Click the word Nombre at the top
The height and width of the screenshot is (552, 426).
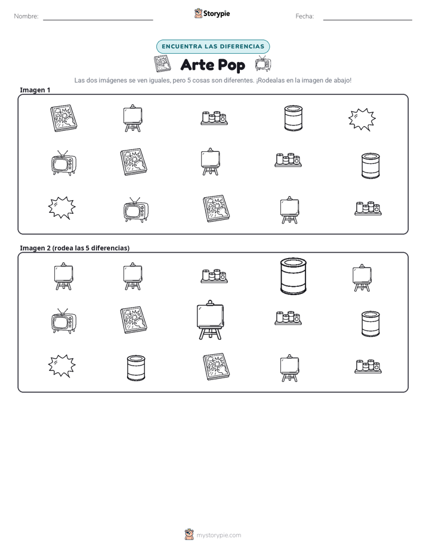point(26,16)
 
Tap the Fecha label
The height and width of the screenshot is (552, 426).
point(304,16)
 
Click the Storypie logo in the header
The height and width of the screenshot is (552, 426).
point(212,13)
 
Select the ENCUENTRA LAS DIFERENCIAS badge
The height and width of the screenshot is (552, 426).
point(213,47)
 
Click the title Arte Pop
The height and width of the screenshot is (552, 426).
point(212,65)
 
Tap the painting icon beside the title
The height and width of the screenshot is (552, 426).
point(162,64)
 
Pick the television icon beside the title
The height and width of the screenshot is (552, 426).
point(263,63)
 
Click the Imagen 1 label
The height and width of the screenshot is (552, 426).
point(35,90)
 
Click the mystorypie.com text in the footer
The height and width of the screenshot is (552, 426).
point(218,535)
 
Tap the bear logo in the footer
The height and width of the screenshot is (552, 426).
point(189,535)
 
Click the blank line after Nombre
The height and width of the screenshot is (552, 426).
point(98,20)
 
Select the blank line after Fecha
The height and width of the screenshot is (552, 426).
point(368,20)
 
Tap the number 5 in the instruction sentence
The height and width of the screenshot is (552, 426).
point(189,80)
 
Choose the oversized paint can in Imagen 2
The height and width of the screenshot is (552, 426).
point(294,276)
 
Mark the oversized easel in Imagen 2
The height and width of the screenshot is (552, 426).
point(210,320)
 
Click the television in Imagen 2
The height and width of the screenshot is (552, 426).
point(64,321)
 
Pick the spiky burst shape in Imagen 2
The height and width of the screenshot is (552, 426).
point(62,366)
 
